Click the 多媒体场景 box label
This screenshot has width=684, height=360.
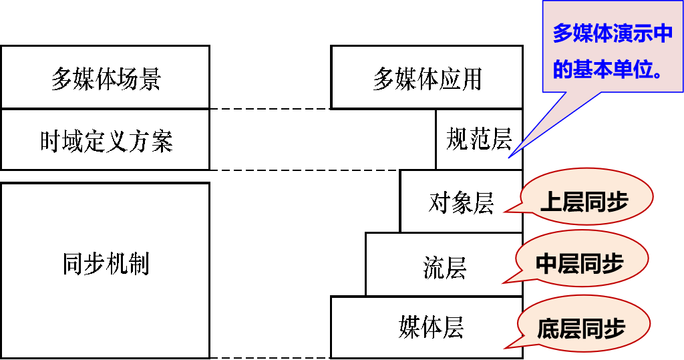tap(106, 79)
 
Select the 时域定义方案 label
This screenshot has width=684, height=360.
tap(106, 142)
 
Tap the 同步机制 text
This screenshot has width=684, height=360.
tap(106, 264)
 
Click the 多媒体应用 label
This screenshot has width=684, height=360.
tap(427, 79)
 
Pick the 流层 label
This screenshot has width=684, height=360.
tap(444, 267)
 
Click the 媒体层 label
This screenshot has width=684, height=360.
tap(431, 328)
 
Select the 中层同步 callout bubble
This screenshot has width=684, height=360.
tap(580, 263)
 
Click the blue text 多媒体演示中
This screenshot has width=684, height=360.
tap(612, 33)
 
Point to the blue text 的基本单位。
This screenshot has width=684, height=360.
tap(609, 69)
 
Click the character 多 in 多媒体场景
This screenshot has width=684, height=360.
tap(62, 79)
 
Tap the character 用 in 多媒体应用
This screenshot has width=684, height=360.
tap(471, 79)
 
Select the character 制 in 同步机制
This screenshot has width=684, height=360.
tap(138, 264)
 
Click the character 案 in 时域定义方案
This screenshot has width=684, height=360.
tap(162, 142)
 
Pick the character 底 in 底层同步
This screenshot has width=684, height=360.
tap(548, 328)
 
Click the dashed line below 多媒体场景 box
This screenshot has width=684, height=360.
tap(271, 108)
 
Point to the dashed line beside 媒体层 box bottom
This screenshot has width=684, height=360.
tap(271, 357)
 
